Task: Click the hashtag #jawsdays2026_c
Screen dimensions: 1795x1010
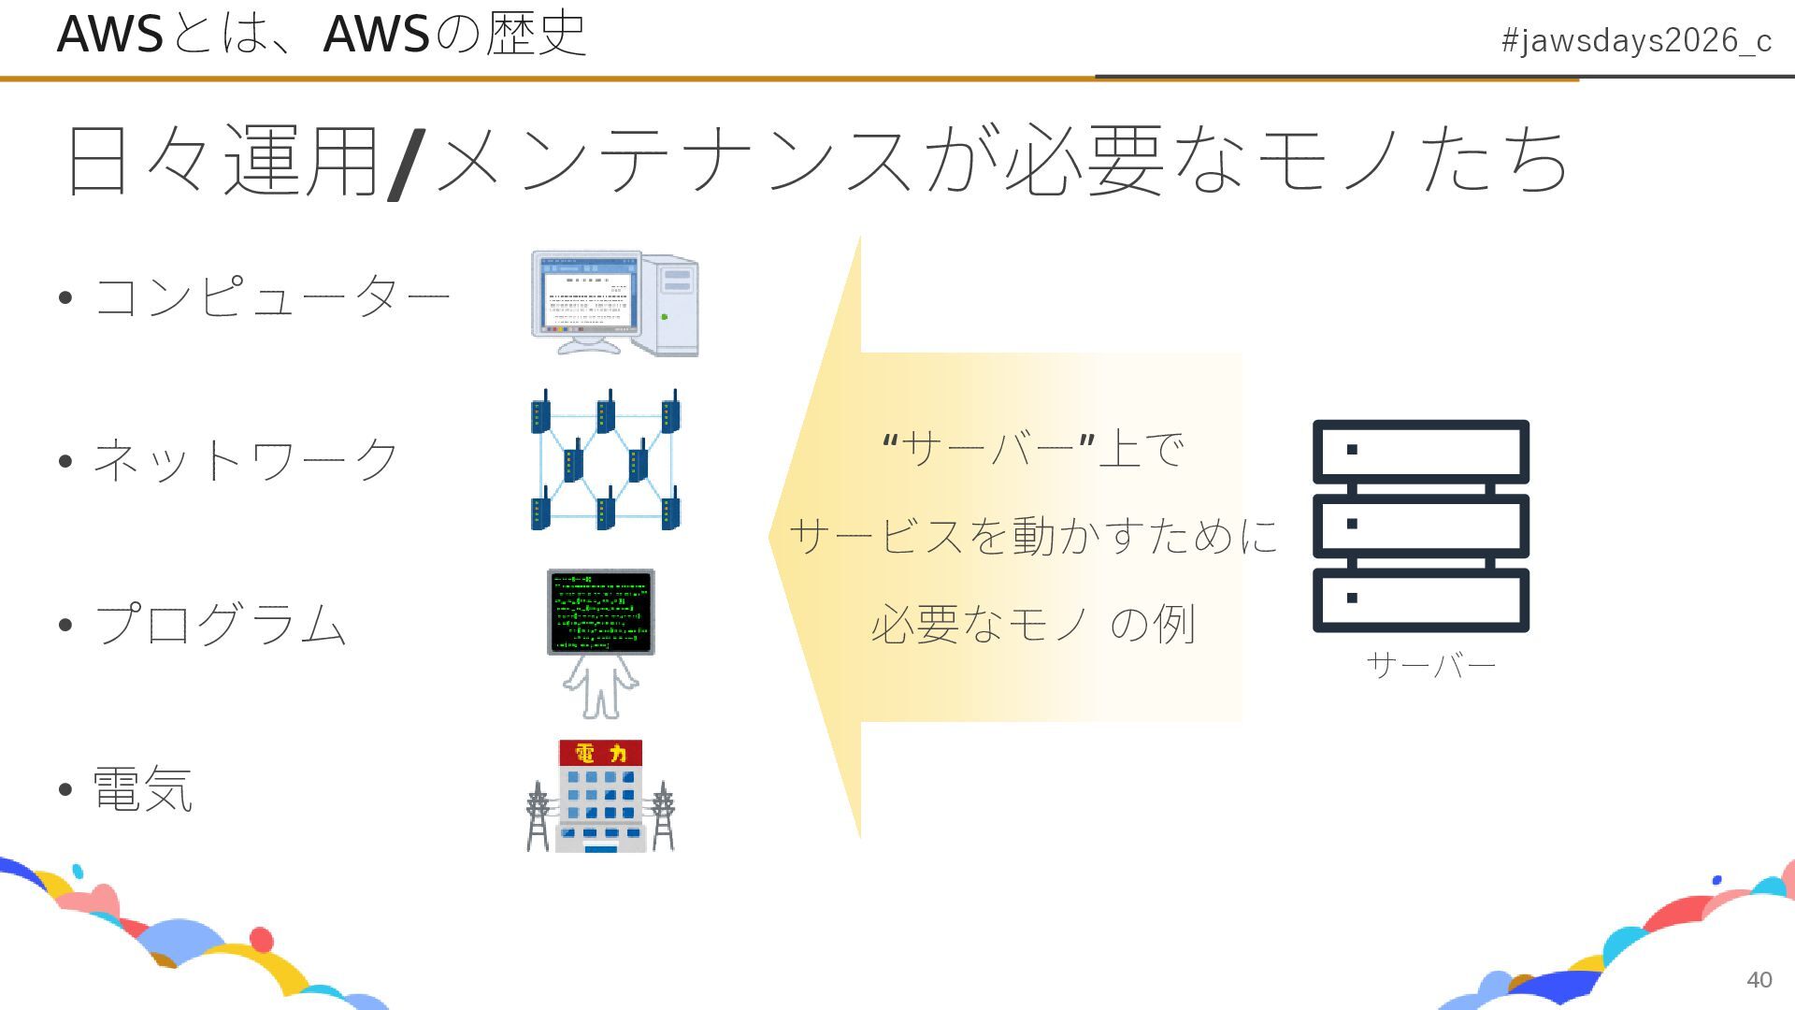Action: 1635,41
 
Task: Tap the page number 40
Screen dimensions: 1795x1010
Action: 1759,979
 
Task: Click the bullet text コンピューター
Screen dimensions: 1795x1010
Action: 272,297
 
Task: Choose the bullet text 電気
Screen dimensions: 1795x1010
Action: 143,788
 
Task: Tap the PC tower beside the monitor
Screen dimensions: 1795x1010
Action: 675,304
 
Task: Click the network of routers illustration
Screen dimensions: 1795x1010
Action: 606,460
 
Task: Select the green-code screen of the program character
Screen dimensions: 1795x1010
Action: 600,611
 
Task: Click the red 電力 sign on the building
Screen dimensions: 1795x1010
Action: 600,753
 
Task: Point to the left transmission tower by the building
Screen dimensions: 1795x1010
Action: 538,815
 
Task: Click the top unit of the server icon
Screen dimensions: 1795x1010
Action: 1421,451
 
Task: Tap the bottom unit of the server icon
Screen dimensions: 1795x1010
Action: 1421,599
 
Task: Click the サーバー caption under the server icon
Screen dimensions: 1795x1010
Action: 1430,665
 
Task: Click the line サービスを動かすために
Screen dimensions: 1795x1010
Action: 1033,536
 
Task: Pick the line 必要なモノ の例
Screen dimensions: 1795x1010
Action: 1033,624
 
